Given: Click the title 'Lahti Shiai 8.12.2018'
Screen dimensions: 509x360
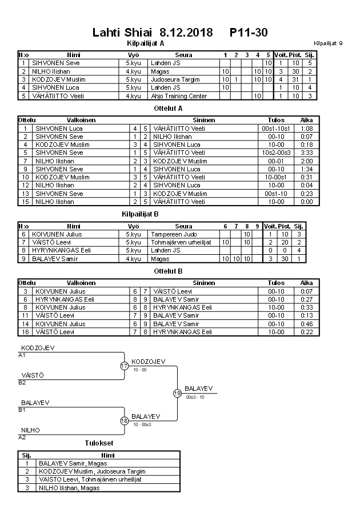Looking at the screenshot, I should [x=152, y=33].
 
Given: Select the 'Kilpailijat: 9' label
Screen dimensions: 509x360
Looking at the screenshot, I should [x=328, y=43].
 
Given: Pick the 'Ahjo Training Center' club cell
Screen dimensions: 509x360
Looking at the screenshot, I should [x=178, y=96].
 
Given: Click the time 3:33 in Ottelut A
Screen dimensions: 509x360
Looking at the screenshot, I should [x=306, y=153].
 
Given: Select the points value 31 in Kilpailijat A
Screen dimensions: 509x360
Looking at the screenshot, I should [x=295, y=79].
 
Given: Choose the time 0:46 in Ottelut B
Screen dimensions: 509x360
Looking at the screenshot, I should [x=306, y=323].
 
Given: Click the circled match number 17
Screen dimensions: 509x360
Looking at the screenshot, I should [x=125, y=366].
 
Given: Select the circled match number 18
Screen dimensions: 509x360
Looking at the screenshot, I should [x=125, y=420].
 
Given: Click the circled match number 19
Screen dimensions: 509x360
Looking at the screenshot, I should [x=177, y=393].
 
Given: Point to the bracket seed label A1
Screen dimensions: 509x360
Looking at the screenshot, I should [x=22, y=355].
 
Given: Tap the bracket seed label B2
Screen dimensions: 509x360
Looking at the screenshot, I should [x=22, y=382].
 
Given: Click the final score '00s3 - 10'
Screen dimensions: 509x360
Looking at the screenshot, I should [x=195, y=397].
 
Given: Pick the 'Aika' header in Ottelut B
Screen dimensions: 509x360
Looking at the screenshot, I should [x=306, y=282].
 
